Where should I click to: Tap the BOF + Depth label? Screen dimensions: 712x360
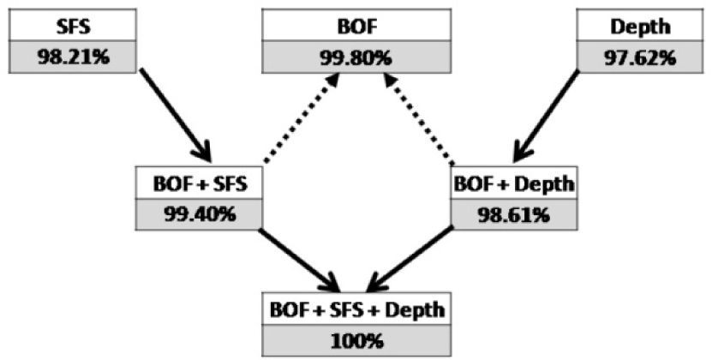coord(512,183)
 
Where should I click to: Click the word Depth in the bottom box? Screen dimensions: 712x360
coord(408,308)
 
